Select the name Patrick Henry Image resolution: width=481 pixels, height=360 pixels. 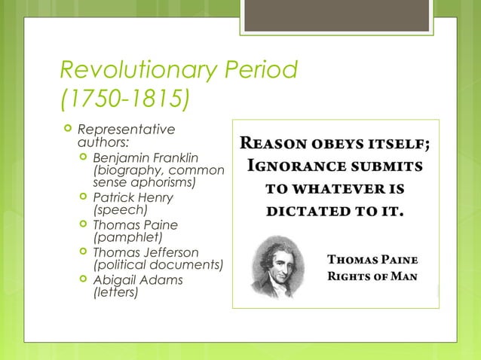(x=132, y=197)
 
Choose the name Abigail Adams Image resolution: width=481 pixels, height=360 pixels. (x=137, y=279)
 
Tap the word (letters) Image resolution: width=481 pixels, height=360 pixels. (x=115, y=292)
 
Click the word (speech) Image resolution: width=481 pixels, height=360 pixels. (x=119, y=210)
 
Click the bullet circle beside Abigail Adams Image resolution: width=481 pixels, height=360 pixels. (x=82, y=279)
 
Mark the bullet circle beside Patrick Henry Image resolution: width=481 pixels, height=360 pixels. (x=82, y=197)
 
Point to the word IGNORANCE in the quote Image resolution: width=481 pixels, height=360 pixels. (x=296, y=164)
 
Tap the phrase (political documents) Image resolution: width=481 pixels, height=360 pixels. (x=158, y=264)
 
